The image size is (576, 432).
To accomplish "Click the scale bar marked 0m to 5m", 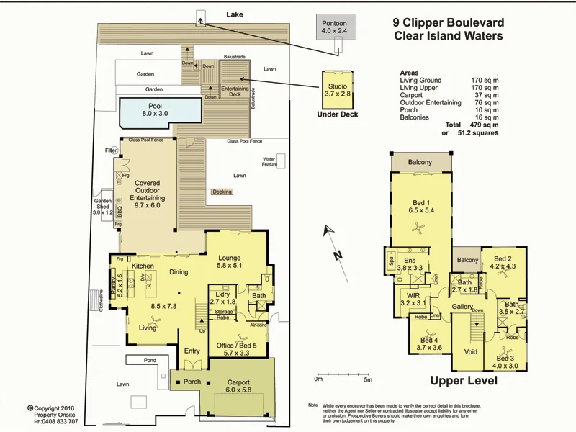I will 342,372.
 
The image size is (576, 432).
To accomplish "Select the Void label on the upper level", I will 471,352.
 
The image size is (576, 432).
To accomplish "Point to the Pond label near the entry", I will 149,359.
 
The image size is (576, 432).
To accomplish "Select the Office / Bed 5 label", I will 236,349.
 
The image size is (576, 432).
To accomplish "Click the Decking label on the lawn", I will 222,192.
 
